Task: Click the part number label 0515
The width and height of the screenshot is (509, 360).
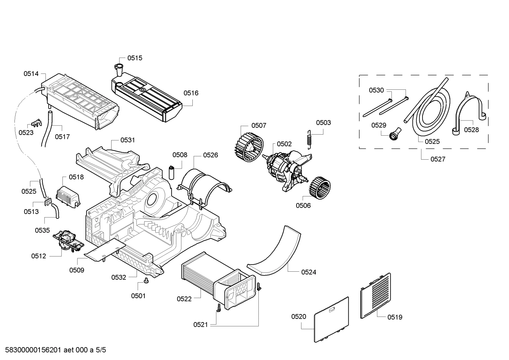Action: (135, 58)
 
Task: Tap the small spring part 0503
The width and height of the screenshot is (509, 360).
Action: (310, 140)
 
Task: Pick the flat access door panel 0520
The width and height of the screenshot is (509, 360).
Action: (331, 319)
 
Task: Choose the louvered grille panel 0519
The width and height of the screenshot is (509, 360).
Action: (376, 296)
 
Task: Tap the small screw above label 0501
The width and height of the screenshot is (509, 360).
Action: (146, 281)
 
